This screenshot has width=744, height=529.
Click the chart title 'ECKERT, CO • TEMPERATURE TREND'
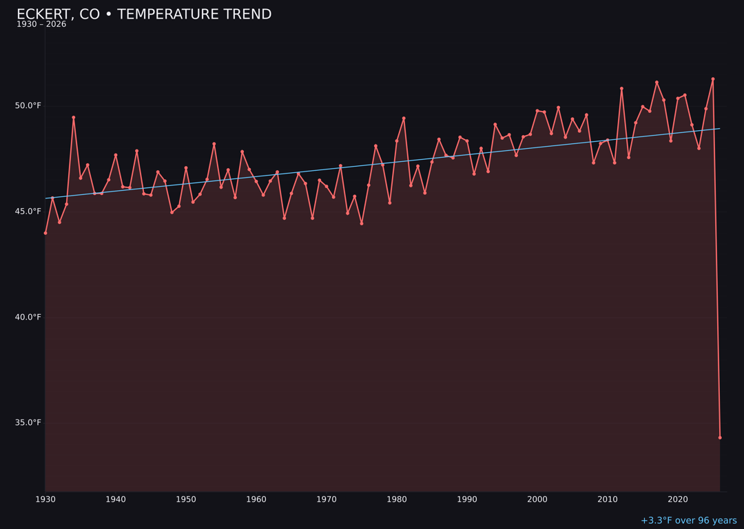point(144,14)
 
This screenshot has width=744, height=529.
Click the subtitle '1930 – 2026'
point(41,25)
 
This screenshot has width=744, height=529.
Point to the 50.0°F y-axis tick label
point(28,105)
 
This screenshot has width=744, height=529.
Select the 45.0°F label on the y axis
point(28,211)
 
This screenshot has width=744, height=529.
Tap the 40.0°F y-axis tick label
point(28,317)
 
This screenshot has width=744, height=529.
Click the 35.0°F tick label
point(28,422)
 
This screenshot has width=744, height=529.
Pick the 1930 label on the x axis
point(45,499)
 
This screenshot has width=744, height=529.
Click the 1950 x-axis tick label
point(186,499)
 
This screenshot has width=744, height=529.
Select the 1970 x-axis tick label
point(327,499)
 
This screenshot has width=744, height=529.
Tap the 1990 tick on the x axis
point(467,499)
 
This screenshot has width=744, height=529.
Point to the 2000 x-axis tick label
point(537,499)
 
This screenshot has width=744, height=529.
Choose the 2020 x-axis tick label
point(678,499)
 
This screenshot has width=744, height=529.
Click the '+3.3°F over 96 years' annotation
point(688,521)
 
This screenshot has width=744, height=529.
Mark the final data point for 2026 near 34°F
point(720,437)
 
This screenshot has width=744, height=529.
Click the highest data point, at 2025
point(713,79)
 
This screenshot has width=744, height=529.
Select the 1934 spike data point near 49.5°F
point(74,117)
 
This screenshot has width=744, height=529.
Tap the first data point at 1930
point(45,233)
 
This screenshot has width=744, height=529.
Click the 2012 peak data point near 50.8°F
point(621,88)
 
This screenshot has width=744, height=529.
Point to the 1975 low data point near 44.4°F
point(362,223)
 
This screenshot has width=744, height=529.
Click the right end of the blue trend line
point(720,128)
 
